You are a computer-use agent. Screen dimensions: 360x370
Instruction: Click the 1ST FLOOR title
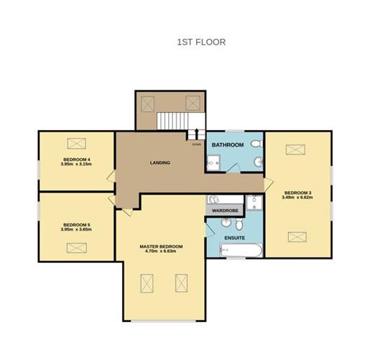click(201, 42)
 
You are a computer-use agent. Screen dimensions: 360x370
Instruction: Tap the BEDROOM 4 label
click(76, 159)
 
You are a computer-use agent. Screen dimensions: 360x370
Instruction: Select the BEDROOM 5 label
click(76, 225)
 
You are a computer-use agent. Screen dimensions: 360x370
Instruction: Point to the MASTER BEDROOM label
click(161, 246)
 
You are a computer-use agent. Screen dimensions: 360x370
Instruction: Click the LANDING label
click(160, 162)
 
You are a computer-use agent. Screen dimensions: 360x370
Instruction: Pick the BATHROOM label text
click(227, 145)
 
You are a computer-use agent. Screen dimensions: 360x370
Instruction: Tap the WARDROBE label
click(225, 211)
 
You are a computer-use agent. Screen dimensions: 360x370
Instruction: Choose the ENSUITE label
click(235, 236)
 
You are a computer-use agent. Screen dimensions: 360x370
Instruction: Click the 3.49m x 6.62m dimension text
click(297, 198)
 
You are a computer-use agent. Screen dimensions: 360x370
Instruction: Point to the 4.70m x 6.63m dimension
click(161, 252)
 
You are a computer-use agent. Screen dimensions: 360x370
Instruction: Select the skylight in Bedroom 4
click(76, 142)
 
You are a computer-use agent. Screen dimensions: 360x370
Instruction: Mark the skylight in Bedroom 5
click(76, 247)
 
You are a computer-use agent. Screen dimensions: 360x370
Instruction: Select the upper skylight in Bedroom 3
click(296, 149)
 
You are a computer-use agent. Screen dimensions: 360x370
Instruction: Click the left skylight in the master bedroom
click(147, 284)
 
